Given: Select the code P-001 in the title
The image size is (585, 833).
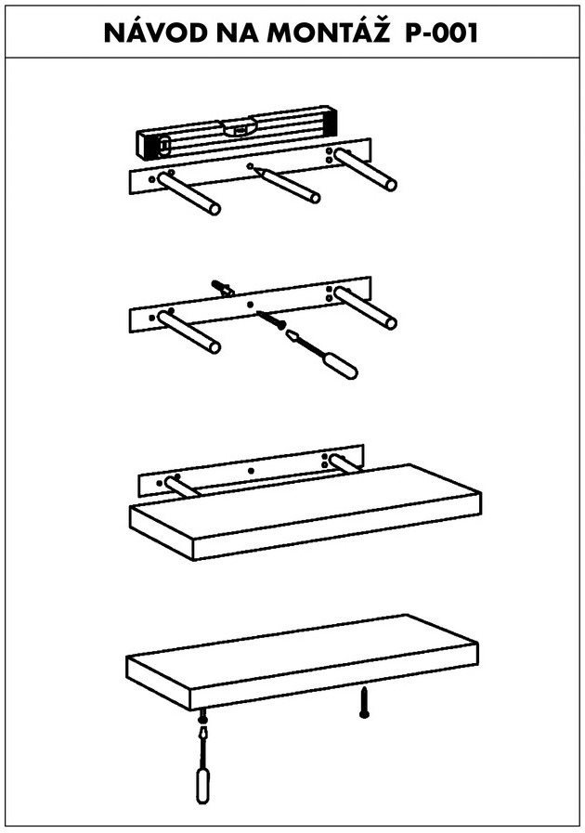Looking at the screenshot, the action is [442, 33].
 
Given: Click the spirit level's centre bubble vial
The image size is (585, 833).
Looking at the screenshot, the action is [239, 128].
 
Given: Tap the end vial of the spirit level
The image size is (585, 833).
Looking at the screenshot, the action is [164, 144].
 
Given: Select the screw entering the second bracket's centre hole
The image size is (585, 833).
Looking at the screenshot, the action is [271, 319].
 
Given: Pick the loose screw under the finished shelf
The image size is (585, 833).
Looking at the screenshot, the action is [364, 702].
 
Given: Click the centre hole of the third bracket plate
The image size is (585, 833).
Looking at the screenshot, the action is [251, 471].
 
